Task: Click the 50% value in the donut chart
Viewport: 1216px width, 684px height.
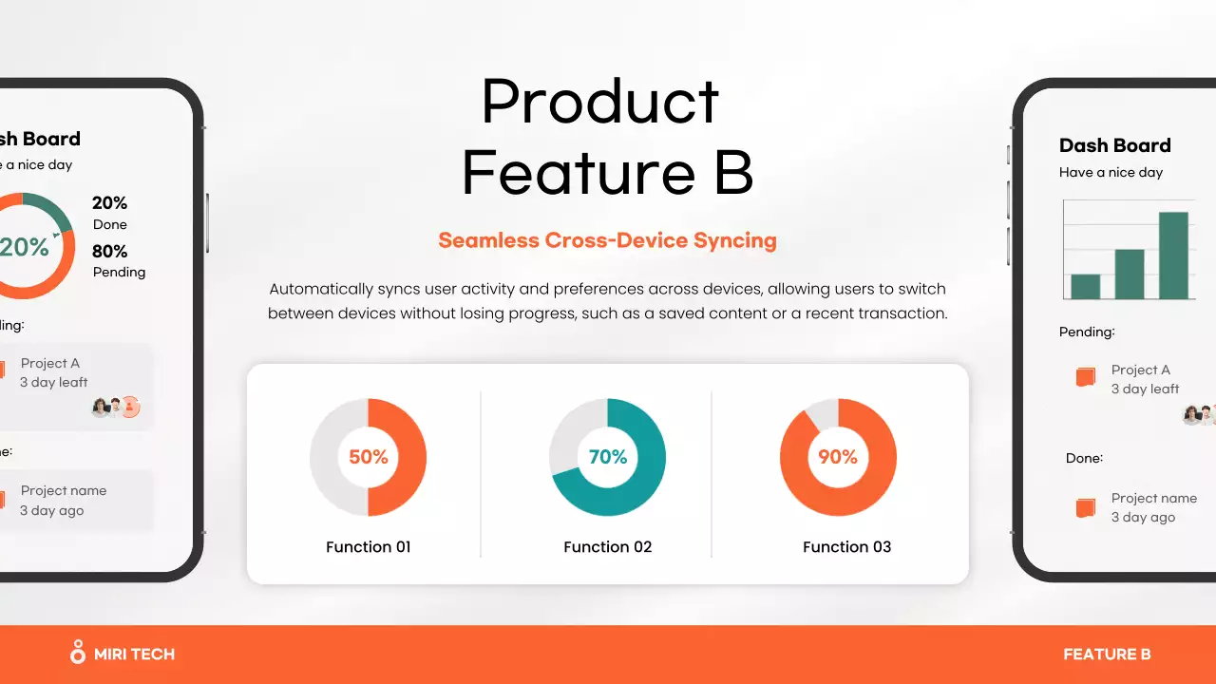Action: pos(369,457)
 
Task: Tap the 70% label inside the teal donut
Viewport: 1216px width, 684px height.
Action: pos(608,457)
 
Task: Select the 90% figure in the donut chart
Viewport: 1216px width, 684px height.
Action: pos(838,457)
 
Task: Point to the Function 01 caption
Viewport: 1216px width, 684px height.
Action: pos(369,547)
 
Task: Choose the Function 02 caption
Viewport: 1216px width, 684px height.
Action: pos(608,547)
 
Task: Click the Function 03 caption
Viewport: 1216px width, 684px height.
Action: pos(847,547)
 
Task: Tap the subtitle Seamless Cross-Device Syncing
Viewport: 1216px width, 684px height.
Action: pos(607,240)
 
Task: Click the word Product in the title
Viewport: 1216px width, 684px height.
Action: pos(600,102)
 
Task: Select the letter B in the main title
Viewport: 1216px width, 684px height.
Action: pos(733,174)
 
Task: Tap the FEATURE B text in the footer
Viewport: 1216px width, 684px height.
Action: pos(1107,654)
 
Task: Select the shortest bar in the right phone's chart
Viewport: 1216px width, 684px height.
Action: pos(1086,286)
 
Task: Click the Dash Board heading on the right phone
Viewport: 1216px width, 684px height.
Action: pos(1115,145)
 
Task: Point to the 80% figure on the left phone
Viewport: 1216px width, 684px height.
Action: pos(110,251)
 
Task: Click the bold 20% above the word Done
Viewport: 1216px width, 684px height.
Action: pos(110,202)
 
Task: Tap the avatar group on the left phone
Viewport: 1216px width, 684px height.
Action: pos(117,408)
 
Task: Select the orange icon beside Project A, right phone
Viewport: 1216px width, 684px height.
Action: pos(1086,377)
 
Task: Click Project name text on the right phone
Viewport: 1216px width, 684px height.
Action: pos(1154,498)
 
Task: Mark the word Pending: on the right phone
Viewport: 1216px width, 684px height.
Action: pos(1087,332)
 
